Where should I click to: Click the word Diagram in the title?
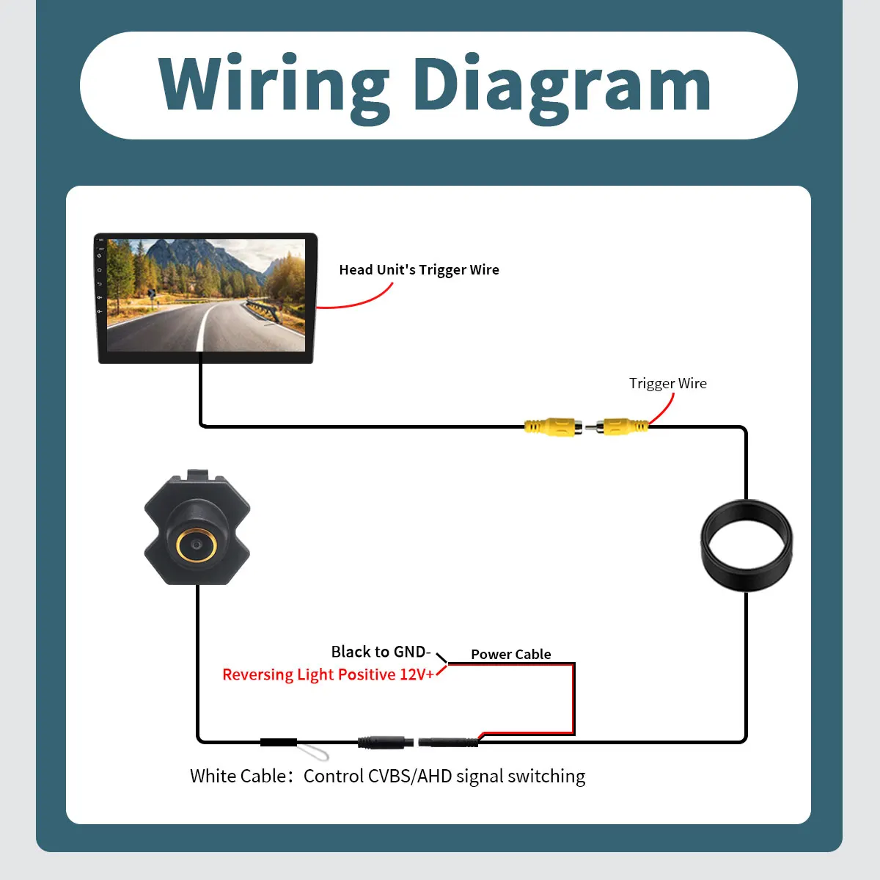pyautogui.click(x=562, y=87)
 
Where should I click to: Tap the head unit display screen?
pyautogui.click(x=206, y=295)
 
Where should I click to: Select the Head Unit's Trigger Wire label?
pyautogui.click(x=419, y=269)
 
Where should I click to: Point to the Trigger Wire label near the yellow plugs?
pyautogui.click(x=667, y=383)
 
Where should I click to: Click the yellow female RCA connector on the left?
pyautogui.click(x=553, y=426)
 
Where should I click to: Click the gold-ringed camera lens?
pyautogui.click(x=197, y=545)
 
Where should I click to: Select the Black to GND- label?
pyautogui.click(x=381, y=652)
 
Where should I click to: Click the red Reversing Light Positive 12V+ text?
pyautogui.click(x=328, y=674)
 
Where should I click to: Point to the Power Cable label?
pyautogui.click(x=510, y=654)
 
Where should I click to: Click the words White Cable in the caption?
pyautogui.click(x=238, y=776)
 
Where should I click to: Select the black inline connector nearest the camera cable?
pyautogui.click(x=278, y=742)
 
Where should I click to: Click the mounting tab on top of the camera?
pyautogui.click(x=198, y=475)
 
